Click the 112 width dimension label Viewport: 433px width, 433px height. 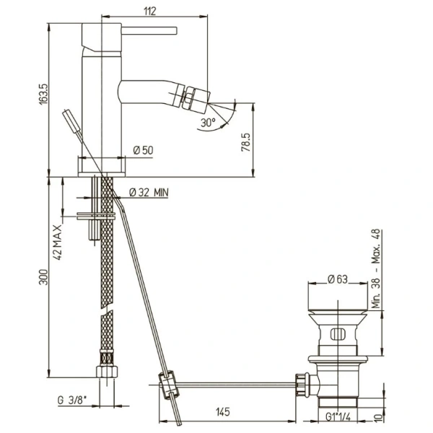(150, 11)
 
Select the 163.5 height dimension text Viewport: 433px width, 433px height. (43, 94)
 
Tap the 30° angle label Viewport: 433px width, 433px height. (208, 122)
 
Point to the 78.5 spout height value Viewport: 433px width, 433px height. (246, 142)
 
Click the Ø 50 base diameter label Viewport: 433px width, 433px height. (143, 150)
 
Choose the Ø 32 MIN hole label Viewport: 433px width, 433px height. (149, 192)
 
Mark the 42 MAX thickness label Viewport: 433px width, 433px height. (58, 242)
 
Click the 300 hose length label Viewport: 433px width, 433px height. (43, 277)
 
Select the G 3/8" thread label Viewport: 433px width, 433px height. (71, 400)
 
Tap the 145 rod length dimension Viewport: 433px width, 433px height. (222, 412)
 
